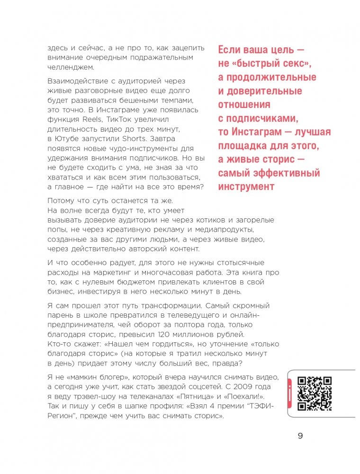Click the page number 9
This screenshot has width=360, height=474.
[x=300, y=436]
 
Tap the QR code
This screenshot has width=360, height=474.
[x=314, y=394]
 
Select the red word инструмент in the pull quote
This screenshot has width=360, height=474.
[x=246, y=187]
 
